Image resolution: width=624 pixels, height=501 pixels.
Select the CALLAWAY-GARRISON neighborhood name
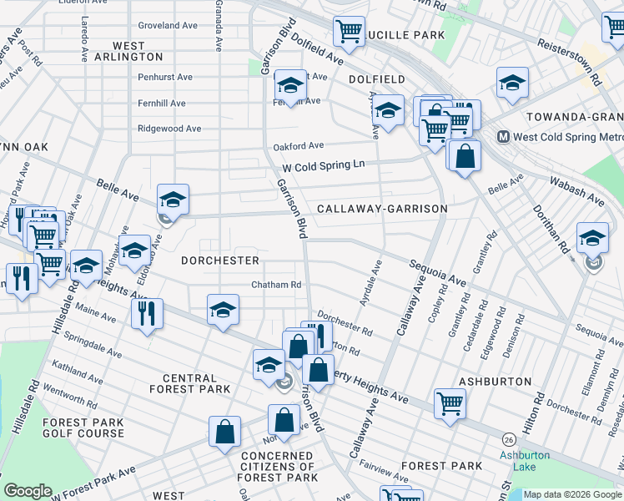(381, 209)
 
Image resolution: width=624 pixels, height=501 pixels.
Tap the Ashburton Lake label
(525, 461)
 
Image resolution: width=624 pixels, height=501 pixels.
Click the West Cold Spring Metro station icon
(504, 137)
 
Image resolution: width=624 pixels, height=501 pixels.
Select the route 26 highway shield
(507, 439)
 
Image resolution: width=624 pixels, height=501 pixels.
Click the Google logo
(28, 491)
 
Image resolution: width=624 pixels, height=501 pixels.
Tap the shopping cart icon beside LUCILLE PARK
(349, 32)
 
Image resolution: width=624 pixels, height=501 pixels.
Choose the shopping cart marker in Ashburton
(450, 403)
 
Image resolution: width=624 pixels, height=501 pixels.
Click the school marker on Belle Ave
(173, 199)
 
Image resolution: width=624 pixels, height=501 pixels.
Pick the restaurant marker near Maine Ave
(147, 313)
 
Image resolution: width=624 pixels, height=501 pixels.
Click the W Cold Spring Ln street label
(324, 165)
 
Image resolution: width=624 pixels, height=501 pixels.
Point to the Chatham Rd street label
(276, 285)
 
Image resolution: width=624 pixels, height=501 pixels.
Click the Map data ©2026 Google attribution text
(572, 494)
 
